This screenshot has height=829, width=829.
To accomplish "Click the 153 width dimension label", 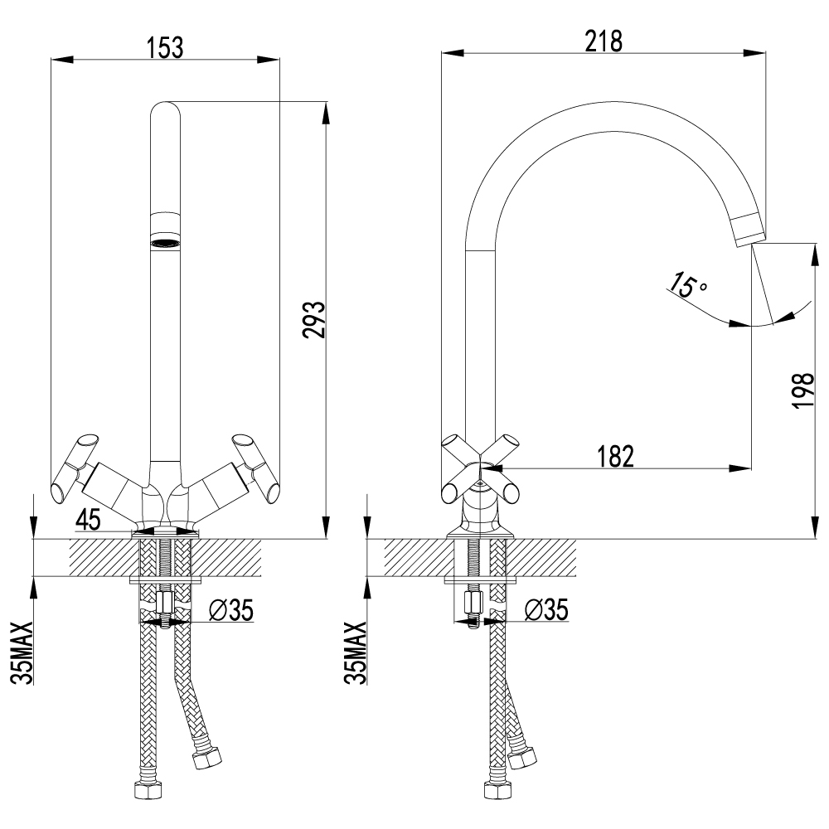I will pos(166,46).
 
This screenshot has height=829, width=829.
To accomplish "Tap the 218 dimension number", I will pos(603,41).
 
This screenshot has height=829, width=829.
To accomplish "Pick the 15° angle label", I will pos(687,286).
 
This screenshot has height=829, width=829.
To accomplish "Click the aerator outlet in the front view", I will pos(165,243).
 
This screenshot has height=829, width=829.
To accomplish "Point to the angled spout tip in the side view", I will pos(746,229).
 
